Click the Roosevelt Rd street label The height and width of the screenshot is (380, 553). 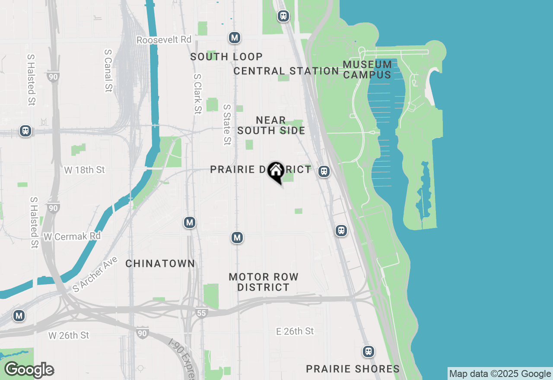pos(164,40)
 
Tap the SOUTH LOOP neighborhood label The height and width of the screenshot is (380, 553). pos(226,57)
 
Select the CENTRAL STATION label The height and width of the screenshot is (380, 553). pos(286,71)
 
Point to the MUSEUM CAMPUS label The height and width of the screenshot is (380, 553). pos(367,70)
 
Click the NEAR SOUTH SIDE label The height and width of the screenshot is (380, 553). pos(271,125)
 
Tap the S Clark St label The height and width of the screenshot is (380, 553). pos(197,94)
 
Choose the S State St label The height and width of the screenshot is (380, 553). pos(227,124)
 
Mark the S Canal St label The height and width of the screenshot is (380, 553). pos(108,70)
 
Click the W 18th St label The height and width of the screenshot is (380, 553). pos(84,170)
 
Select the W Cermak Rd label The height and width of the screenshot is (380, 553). pos(72,236)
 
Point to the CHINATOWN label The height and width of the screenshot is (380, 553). pos(160,263)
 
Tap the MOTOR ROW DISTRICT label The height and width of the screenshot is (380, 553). pos(264,282)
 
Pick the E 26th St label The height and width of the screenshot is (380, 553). pos(295,331)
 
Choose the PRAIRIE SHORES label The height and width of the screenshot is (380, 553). pos(353,369)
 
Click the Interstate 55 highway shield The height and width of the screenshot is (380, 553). pos(202,313)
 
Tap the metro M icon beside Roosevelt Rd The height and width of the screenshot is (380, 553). pos(235,38)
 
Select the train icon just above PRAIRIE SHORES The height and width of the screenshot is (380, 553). pos(369,351)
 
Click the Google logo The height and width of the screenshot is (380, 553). pos(29,370)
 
